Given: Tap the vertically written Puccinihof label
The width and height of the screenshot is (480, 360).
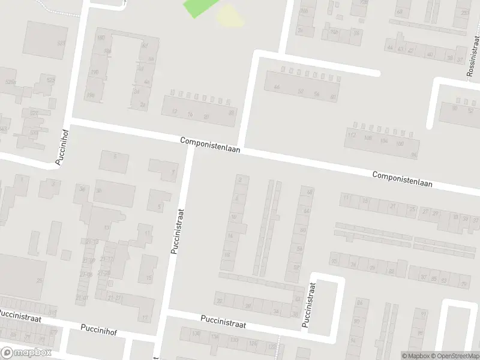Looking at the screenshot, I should pos(62,146).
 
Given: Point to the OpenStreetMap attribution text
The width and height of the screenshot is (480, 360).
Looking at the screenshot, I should pos(454,355).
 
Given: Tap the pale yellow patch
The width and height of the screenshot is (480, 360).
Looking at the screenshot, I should pos(230,15).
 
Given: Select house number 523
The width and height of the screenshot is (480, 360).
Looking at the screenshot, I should pos(51,80).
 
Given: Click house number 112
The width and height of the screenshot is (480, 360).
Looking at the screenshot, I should pos(352,135).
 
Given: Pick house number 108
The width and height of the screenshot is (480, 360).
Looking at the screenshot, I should pos(368,139).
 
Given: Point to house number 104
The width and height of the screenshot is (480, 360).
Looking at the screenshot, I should pos(384,141).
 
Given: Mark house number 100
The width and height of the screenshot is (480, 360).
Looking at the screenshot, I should pos(400,144).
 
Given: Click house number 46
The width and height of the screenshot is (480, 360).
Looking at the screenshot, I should pos(277,87).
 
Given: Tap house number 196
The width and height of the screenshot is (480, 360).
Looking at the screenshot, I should pos(91,95).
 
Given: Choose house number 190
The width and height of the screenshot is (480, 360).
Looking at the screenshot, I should pos(94,73).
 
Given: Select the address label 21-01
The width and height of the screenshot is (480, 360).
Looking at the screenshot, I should pos(82,298).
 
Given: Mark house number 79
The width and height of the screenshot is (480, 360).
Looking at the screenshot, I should pos(463,284).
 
